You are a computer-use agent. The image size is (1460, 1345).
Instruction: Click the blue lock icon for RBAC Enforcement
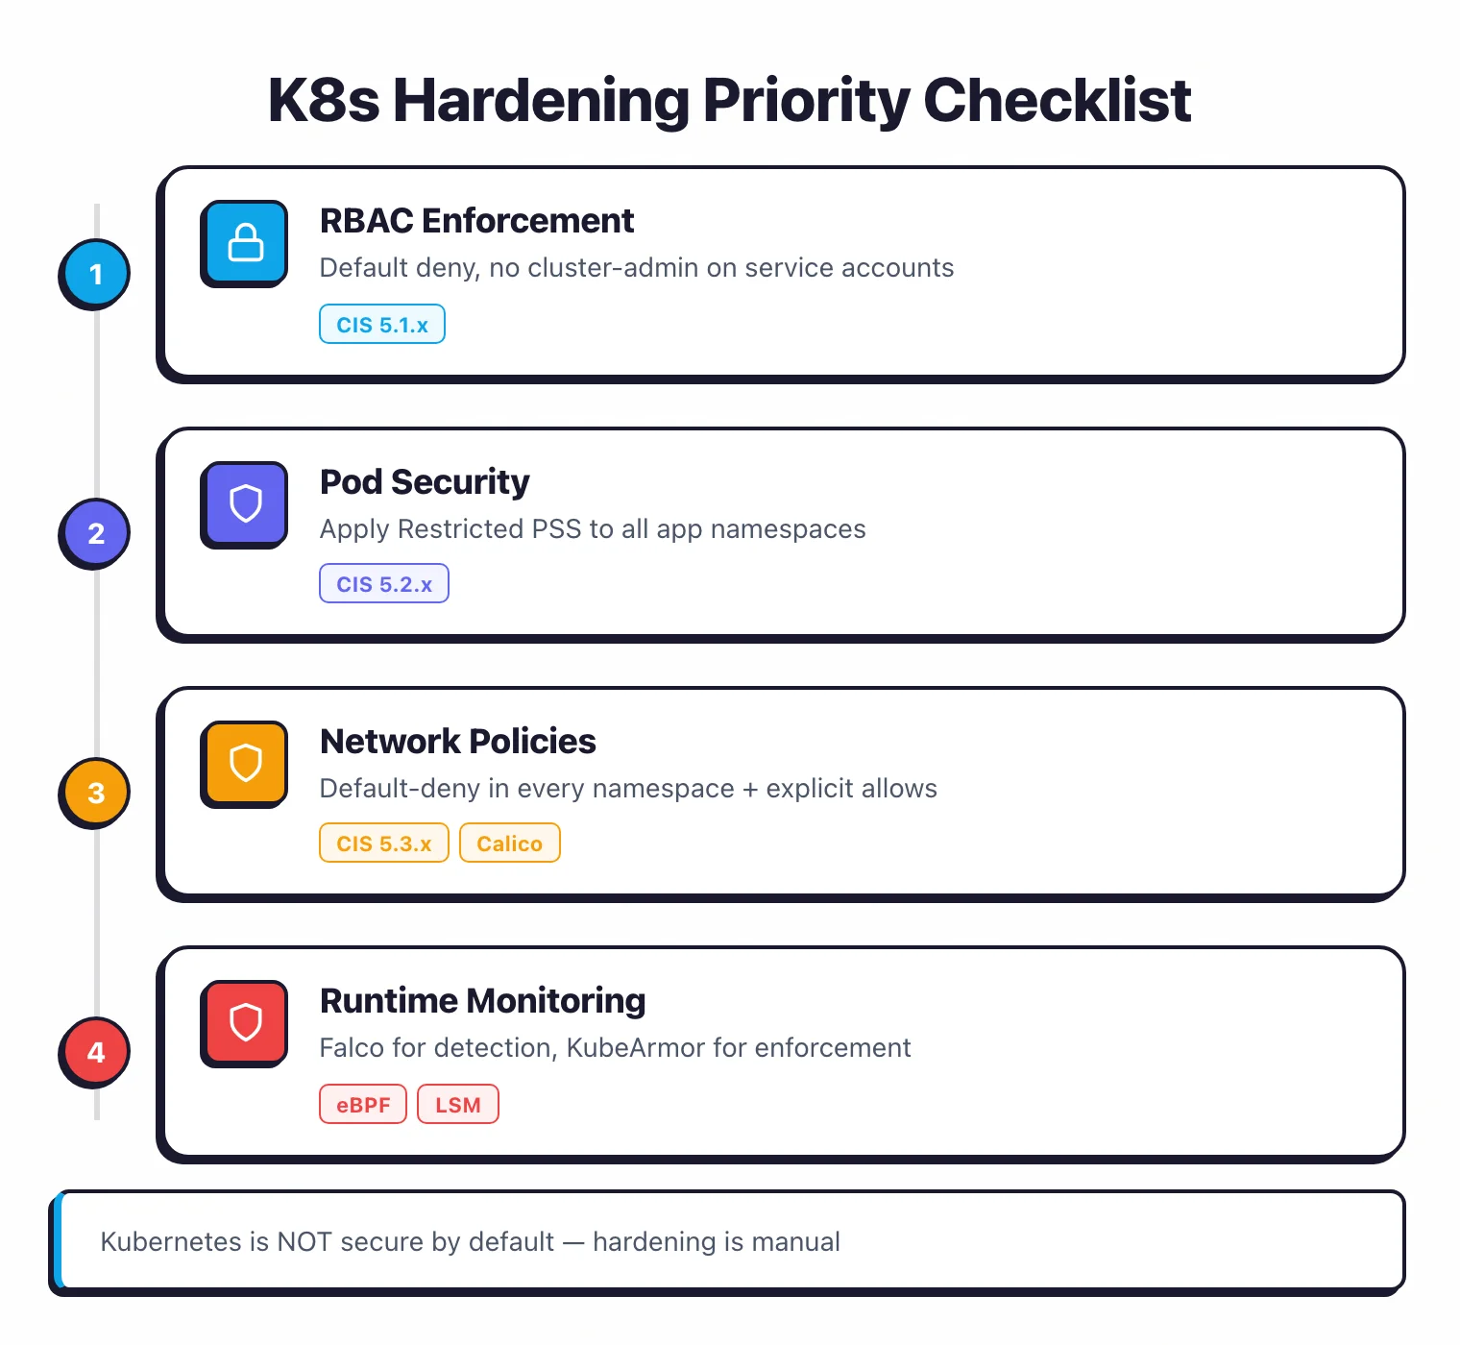coord(245,242)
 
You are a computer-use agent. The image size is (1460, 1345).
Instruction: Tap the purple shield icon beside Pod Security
coord(245,502)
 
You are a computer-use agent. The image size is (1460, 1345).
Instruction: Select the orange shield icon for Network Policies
coord(245,763)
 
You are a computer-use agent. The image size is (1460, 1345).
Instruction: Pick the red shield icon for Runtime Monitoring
coord(245,1022)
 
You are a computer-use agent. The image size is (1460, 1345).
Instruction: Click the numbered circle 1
coord(95,274)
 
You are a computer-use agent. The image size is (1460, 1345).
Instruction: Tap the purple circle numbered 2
coord(95,533)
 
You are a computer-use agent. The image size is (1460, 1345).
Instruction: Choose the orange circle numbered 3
coord(95,793)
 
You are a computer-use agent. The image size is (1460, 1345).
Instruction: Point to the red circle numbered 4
coord(95,1052)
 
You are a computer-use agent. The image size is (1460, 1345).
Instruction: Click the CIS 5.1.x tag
coord(382,325)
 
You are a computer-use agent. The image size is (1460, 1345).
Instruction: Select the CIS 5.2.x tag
coord(384,584)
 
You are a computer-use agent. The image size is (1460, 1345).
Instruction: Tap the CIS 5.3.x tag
coord(384,844)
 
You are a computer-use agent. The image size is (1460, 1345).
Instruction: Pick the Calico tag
coord(509,844)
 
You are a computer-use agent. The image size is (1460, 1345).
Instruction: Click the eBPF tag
coord(363,1105)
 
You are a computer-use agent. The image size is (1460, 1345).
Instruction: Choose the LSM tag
coord(458,1105)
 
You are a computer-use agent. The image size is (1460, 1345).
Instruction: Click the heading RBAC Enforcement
coord(476,221)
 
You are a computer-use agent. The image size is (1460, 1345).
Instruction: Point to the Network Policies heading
coord(457,742)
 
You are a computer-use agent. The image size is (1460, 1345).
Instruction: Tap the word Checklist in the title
coord(1057,100)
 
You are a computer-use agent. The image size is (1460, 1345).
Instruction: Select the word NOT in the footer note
coord(304,1241)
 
